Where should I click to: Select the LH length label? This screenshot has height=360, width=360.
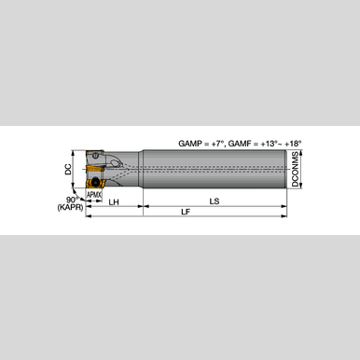tap(114, 201)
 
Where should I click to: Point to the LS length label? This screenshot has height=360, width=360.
tap(215, 201)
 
